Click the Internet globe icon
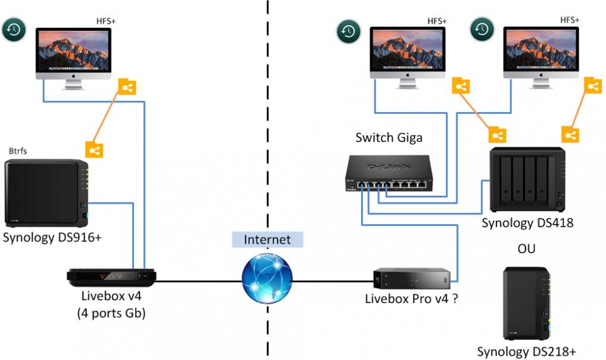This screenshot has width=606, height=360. pyautogui.click(x=267, y=280)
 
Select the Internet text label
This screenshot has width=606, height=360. pyautogui.click(x=267, y=239)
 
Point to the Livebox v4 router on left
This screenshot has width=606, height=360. pyautogui.click(x=112, y=278)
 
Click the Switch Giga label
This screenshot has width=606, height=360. pyautogui.click(x=388, y=138)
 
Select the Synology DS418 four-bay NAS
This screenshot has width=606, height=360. pyautogui.click(x=528, y=179)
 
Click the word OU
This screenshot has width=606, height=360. pyautogui.click(x=527, y=248)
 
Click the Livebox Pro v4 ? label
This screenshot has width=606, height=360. pyautogui.click(x=411, y=298)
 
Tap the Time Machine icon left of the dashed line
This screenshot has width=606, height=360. pyautogui.click(x=13, y=30)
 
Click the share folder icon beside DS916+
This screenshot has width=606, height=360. pyautogui.click(x=93, y=150)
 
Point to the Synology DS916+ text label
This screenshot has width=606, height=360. pyautogui.click(x=52, y=237)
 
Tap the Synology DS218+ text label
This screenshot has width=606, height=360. pyautogui.click(x=525, y=352)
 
